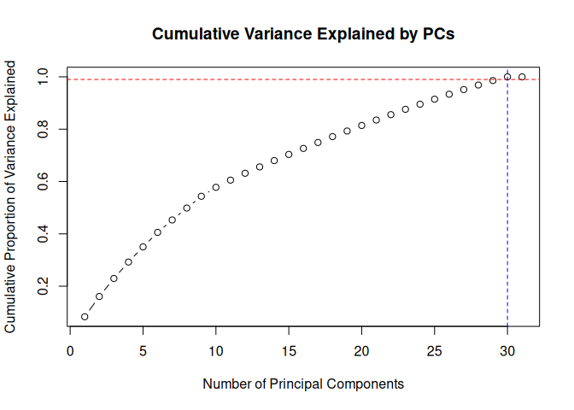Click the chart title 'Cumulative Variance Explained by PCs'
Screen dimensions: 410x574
point(303,35)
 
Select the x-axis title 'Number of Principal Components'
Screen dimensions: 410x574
point(303,384)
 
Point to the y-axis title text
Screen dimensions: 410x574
point(11,196)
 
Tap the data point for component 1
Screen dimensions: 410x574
point(85,317)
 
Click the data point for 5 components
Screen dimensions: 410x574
point(143,247)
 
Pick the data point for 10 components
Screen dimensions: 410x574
point(216,187)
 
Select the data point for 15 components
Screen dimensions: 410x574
point(289,155)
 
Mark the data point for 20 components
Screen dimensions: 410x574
point(362,126)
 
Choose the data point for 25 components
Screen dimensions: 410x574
point(435,99)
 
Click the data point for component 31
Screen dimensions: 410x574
point(522,77)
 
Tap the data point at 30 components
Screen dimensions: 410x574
point(507,77)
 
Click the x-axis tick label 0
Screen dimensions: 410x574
point(70,350)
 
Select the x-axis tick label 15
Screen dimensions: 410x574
point(289,350)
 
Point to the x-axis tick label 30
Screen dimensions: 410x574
point(507,350)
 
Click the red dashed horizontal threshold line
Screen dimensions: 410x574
point(256,79)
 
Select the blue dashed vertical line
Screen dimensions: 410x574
point(507,214)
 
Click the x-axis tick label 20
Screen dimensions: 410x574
point(362,350)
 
